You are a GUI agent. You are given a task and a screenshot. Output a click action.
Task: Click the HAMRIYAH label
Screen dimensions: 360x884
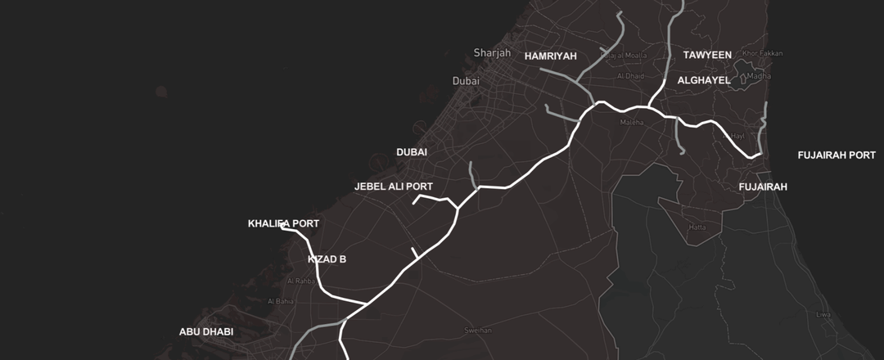(x=551, y=56)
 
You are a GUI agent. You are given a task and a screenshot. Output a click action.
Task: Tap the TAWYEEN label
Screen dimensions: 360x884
(x=707, y=55)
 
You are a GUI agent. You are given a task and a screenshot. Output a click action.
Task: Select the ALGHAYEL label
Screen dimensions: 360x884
(x=703, y=81)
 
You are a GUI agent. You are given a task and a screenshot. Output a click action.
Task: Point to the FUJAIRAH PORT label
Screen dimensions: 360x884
(x=837, y=155)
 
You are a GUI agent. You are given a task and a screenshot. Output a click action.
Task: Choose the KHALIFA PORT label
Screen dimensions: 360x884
(x=283, y=223)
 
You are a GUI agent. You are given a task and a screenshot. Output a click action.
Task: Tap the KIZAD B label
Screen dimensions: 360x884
(x=327, y=259)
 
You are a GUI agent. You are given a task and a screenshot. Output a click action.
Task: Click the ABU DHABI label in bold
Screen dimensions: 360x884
(x=206, y=332)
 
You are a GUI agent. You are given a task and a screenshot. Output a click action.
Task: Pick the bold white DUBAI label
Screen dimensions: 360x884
(x=412, y=152)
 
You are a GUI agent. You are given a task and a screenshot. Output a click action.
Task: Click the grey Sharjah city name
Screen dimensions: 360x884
(x=492, y=53)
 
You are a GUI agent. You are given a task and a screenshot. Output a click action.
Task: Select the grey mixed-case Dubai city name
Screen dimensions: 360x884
(x=466, y=81)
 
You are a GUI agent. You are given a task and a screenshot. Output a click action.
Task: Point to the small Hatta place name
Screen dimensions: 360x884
(x=697, y=227)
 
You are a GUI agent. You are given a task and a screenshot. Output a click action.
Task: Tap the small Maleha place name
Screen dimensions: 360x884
(x=633, y=123)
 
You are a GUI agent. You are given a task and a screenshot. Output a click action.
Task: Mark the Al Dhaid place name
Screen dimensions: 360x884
(x=630, y=76)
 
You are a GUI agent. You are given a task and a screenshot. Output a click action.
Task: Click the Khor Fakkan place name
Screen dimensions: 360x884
(x=762, y=54)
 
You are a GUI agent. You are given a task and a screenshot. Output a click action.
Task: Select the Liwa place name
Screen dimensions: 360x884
(x=823, y=314)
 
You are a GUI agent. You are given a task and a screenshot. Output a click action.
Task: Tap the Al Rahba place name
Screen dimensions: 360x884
(x=301, y=281)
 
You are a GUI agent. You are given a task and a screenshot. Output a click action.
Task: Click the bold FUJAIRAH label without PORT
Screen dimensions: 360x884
(x=763, y=187)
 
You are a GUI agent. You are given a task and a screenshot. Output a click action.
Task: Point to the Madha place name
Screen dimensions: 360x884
(x=759, y=76)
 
